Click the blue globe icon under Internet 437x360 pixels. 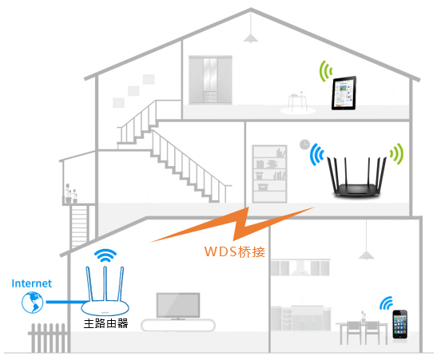(x=33, y=302)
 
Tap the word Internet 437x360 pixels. (x=31, y=283)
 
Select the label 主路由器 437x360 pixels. (x=106, y=323)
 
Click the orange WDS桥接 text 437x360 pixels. (x=235, y=251)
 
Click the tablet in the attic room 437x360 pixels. (x=344, y=93)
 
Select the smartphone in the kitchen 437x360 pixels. (x=400, y=324)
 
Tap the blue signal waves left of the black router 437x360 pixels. (x=316, y=155)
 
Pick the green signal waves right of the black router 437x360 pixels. (x=397, y=154)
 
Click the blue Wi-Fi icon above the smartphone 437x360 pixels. (x=387, y=303)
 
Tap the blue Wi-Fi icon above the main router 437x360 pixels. (x=105, y=255)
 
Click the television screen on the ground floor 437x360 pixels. (x=178, y=305)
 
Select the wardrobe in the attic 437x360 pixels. (x=210, y=80)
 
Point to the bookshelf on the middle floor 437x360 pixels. (x=269, y=174)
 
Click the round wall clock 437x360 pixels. (x=304, y=144)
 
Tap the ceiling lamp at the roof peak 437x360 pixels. (x=251, y=38)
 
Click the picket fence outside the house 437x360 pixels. (x=48, y=338)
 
